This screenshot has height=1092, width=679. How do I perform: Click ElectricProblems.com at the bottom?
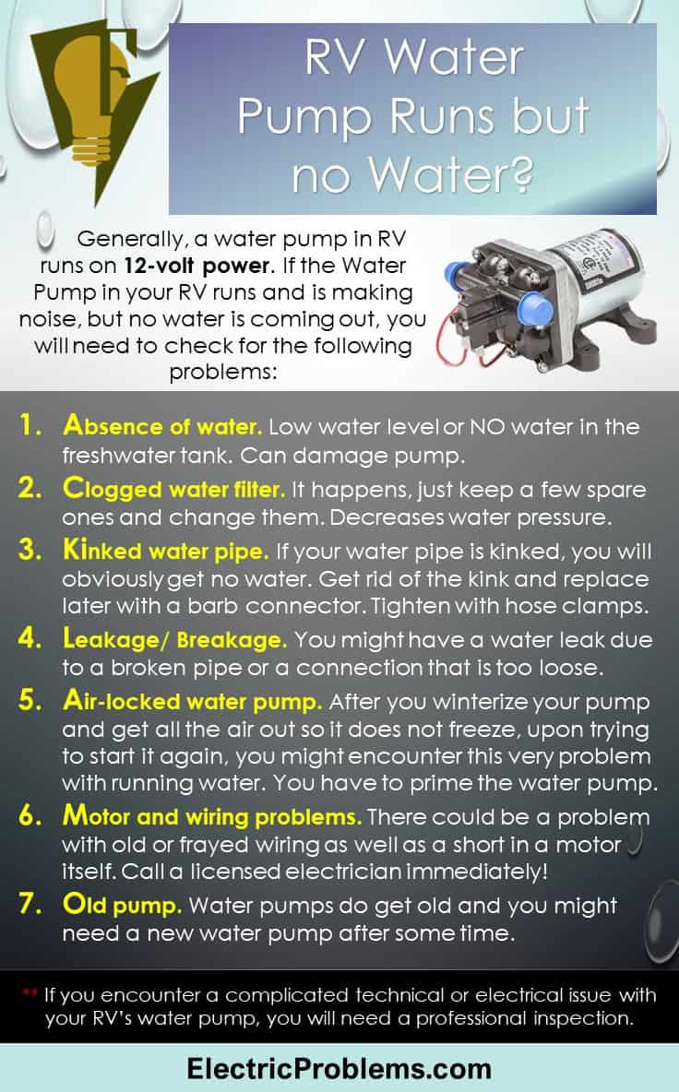(339, 1068)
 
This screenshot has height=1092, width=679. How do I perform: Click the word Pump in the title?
(304, 118)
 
